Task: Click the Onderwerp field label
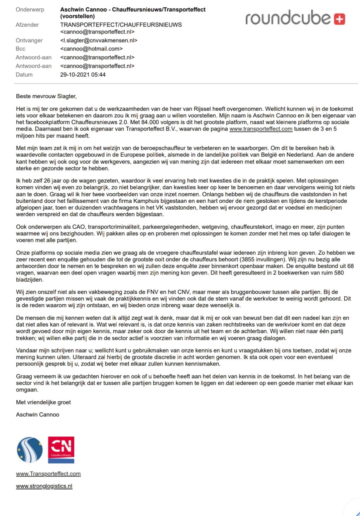click(30, 10)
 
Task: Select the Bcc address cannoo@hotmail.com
click(91, 49)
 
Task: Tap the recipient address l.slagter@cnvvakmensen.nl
click(99, 41)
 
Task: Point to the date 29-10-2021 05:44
click(83, 75)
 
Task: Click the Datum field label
click(24, 75)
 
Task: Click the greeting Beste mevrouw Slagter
click(46, 96)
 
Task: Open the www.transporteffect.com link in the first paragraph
click(261, 129)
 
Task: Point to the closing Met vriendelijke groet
click(43, 402)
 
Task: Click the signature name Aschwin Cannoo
click(38, 415)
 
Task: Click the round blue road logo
click(30, 450)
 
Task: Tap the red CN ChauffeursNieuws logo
click(61, 450)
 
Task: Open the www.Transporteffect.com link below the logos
click(48, 474)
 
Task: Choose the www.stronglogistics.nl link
click(44, 486)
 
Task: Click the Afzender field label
click(27, 25)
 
